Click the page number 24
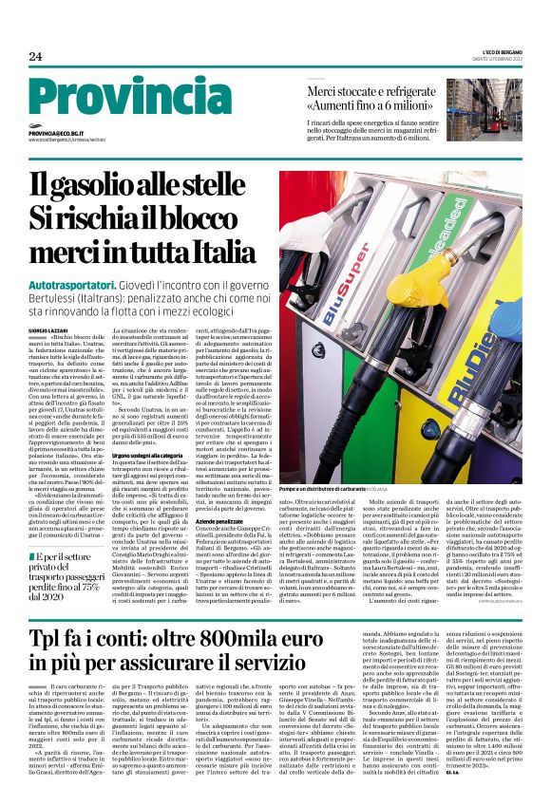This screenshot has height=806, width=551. [36, 56]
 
